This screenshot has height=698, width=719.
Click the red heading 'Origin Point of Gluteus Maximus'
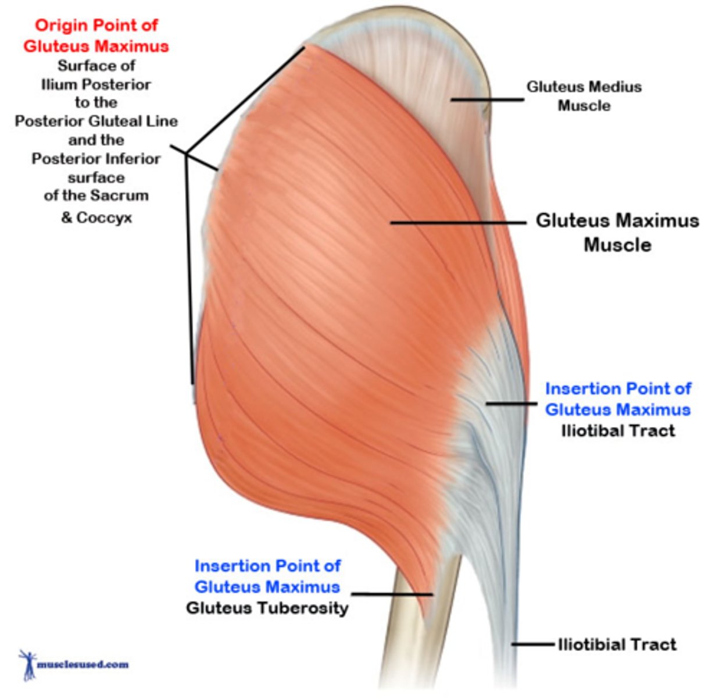point(96,35)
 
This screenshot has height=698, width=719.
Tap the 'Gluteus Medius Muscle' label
point(584,96)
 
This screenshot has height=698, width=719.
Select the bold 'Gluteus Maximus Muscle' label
point(617,232)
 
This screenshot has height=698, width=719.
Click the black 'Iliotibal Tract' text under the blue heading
point(618,431)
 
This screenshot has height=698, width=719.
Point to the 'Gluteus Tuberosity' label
point(267,608)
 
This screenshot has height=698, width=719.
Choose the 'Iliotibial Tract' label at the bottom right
point(617,644)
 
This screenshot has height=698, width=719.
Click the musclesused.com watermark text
point(83,664)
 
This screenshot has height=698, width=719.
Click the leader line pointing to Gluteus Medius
point(487,99)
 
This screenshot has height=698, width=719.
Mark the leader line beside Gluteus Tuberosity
point(392,594)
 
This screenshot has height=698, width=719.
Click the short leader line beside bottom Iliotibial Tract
point(532,644)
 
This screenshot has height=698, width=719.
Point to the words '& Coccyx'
point(96,218)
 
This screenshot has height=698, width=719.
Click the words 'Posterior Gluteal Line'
point(96,121)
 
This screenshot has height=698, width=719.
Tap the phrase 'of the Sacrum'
point(96,195)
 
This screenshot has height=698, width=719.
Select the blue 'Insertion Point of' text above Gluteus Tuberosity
point(267,566)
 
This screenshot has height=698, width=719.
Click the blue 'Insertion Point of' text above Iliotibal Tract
point(618,389)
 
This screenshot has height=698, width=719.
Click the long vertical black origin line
point(189,268)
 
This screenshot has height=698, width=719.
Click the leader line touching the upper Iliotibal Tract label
point(511,403)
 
